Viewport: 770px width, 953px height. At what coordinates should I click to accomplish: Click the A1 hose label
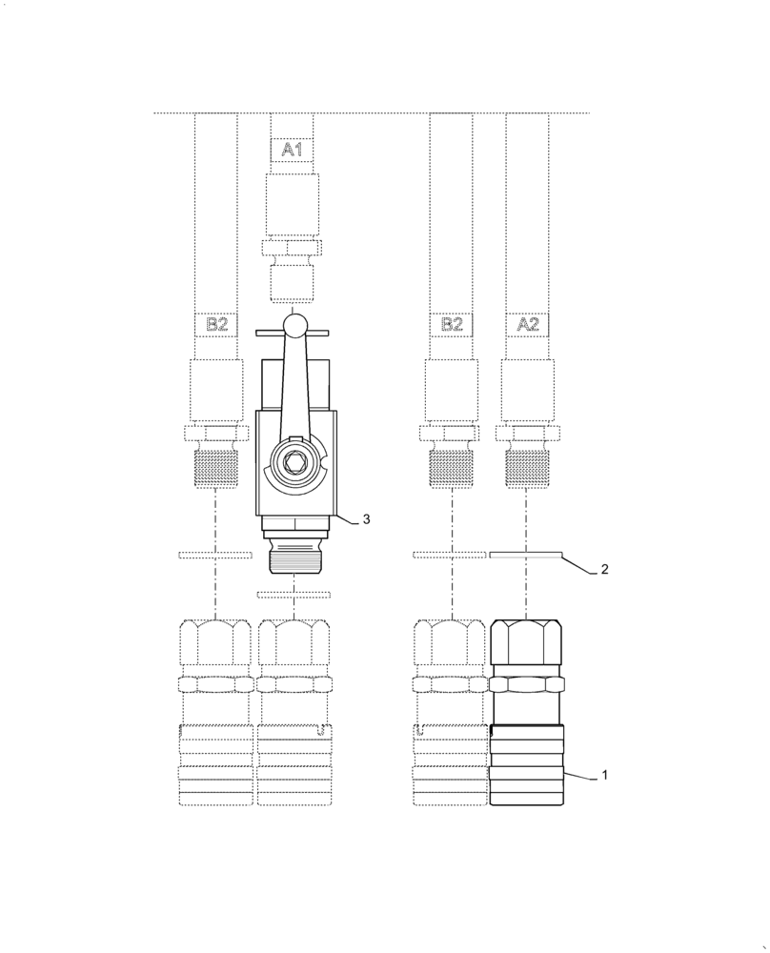[292, 150]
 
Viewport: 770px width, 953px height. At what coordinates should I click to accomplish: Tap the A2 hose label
[527, 324]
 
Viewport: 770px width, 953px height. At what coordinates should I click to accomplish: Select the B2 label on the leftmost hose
[216, 324]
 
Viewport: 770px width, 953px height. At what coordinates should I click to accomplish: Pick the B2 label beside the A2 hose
[451, 324]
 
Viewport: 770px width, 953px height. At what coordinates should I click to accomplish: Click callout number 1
[603, 776]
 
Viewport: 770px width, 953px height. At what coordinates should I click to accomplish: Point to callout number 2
[603, 570]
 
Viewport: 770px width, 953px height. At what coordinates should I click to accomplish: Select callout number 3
[366, 518]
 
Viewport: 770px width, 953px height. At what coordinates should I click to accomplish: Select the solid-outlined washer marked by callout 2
[526, 555]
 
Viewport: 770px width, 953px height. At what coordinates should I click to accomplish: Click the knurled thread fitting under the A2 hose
[526, 468]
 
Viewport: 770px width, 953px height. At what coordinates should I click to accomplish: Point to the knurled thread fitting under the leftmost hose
[216, 468]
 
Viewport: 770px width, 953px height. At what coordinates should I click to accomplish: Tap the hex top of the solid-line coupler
[526, 643]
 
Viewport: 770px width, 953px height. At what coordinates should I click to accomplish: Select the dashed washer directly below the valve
[294, 595]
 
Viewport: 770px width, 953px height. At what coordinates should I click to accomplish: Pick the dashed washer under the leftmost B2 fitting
[215, 555]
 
